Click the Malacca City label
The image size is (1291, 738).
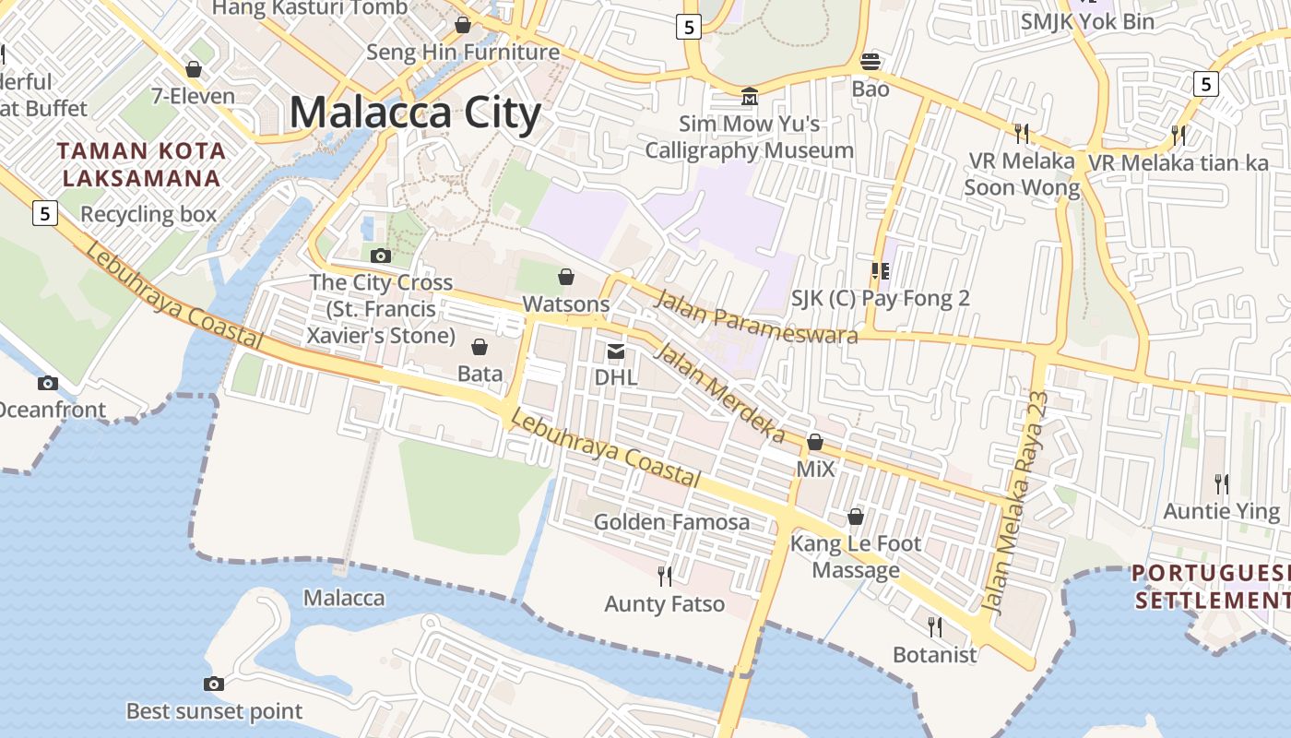pyautogui.click(x=415, y=113)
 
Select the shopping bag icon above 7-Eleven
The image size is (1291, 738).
pyautogui.click(x=194, y=69)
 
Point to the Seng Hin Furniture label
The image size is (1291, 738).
pyautogui.click(x=463, y=53)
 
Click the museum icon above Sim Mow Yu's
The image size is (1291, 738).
pyautogui.click(x=750, y=96)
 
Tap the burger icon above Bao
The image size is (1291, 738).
pyautogui.click(x=871, y=62)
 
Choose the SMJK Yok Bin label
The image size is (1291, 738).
pyautogui.click(x=1087, y=21)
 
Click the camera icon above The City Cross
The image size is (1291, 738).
pyautogui.click(x=380, y=256)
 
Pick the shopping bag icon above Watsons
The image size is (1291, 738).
pyautogui.click(x=566, y=277)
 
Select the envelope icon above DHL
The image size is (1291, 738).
pyautogui.click(x=615, y=351)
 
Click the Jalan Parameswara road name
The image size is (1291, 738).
pyautogui.click(x=757, y=315)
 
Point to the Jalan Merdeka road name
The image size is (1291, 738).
pyautogui.click(x=719, y=392)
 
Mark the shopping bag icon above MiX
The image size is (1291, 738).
pyautogui.click(x=815, y=443)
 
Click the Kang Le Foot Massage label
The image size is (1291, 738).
pyautogui.click(x=856, y=557)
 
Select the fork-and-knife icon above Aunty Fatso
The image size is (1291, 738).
pyautogui.click(x=664, y=577)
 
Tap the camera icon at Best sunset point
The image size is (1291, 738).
pyautogui.click(x=214, y=684)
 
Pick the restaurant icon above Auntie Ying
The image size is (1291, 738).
pyautogui.click(x=1222, y=483)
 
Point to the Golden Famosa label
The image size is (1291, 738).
pyautogui.click(x=671, y=522)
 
